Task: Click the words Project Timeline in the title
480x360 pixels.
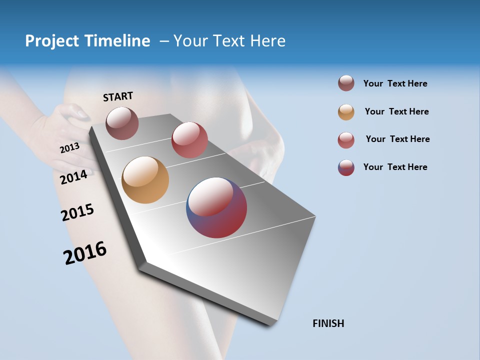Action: coord(87,41)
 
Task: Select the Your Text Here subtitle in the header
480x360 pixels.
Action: coord(229,41)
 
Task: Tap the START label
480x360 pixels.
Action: coord(118,96)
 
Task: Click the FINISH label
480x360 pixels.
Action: coord(328,323)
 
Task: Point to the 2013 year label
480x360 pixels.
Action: coord(70,147)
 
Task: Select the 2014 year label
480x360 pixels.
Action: coord(74,177)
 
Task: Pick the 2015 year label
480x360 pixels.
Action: coord(77,212)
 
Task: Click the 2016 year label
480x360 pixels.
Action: coord(85,252)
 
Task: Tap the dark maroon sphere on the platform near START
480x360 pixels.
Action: coord(122,123)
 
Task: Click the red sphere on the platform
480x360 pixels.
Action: coord(189,140)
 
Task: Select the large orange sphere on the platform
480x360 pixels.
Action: coord(145,180)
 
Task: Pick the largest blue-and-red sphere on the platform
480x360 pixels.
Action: coord(216,207)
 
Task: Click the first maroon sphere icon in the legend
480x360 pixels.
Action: coord(346,83)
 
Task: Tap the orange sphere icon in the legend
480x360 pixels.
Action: coord(346,112)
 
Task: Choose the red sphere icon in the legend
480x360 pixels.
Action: coord(346,140)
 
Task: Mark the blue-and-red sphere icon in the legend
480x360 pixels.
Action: coord(346,167)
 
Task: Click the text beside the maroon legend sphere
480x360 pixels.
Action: coord(395,83)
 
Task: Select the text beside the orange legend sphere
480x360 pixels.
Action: coord(396,111)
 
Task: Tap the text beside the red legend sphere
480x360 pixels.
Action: coord(397,139)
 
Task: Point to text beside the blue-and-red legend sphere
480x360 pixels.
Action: coord(395,167)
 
